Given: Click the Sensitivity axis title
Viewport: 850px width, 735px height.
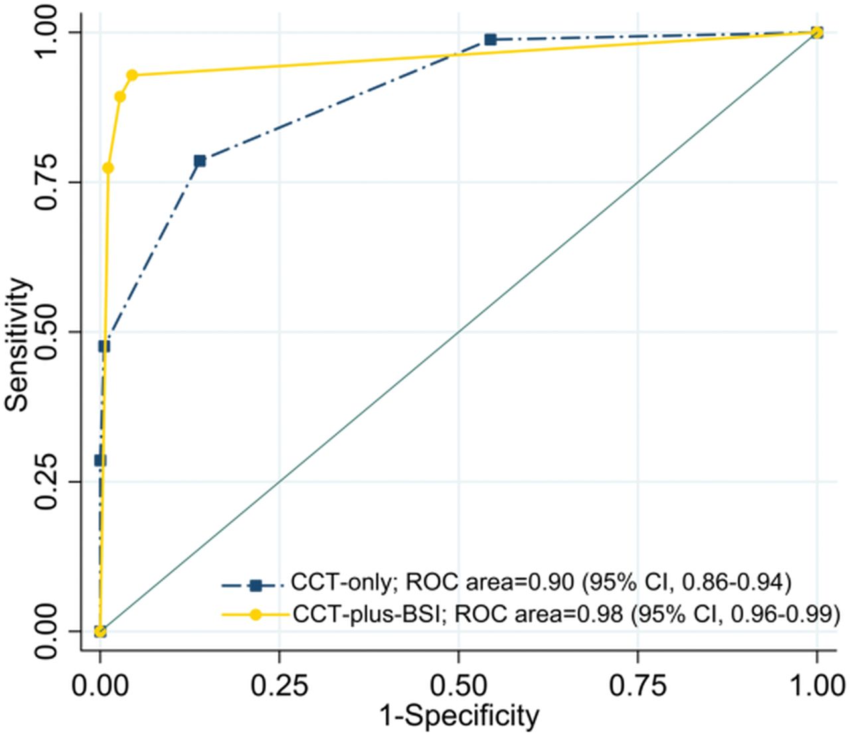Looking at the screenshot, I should click(x=19, y=345).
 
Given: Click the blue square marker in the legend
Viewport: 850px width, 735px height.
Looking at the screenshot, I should click(x=256, y=585).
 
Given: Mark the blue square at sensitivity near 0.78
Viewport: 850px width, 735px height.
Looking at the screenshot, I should click(x=199, y=161).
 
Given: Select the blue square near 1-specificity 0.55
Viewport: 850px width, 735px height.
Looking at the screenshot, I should click(x=490, y=40).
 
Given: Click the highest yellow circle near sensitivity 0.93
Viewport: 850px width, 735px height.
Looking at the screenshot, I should click(x=132, y=75).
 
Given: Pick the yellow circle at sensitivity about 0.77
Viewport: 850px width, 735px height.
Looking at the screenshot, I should click(x=108, y=168).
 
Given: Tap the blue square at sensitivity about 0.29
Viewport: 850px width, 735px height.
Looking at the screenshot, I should click(x=100, y=460).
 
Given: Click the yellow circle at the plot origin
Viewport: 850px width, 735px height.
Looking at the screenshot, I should click(x=100, y=631).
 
